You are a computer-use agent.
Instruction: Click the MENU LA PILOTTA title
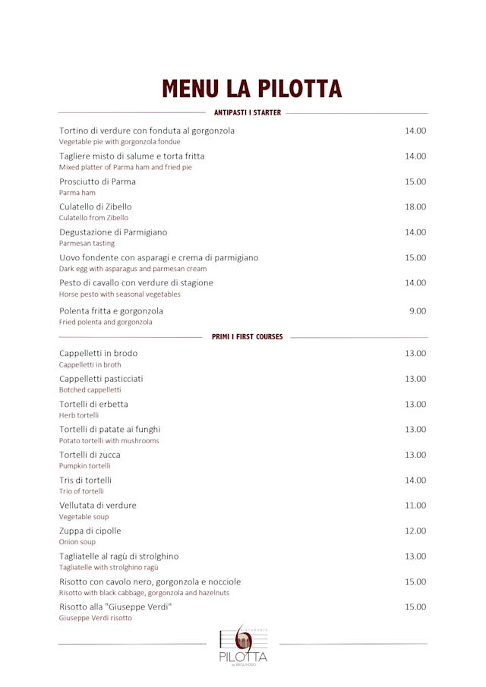tap(251, 88)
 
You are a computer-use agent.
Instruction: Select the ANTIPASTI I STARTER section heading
tap(248, 113)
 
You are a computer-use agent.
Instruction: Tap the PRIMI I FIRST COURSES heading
tap(248, 336)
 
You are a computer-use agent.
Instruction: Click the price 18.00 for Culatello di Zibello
tap(415, 206)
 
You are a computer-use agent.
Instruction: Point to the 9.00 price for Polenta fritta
tap(418, 310)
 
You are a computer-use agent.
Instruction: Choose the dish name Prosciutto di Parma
tap(98, 181)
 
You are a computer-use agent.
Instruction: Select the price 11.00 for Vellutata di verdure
tap(415, 505)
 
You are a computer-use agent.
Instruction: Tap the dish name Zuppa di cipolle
tap(90, 531)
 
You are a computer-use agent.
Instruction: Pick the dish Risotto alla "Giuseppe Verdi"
tap(116, 607)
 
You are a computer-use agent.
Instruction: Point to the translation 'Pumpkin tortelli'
tap(85, 465)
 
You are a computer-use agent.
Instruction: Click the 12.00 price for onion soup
tap(415, 531)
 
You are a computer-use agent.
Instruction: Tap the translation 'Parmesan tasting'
tap(87, 244)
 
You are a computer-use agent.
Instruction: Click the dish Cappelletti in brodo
tap(99, 353)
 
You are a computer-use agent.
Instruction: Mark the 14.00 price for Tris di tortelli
tap(415, 480)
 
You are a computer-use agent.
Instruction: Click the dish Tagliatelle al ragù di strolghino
tap(119, 556)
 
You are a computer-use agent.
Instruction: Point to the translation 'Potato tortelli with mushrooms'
tap(109, 440)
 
